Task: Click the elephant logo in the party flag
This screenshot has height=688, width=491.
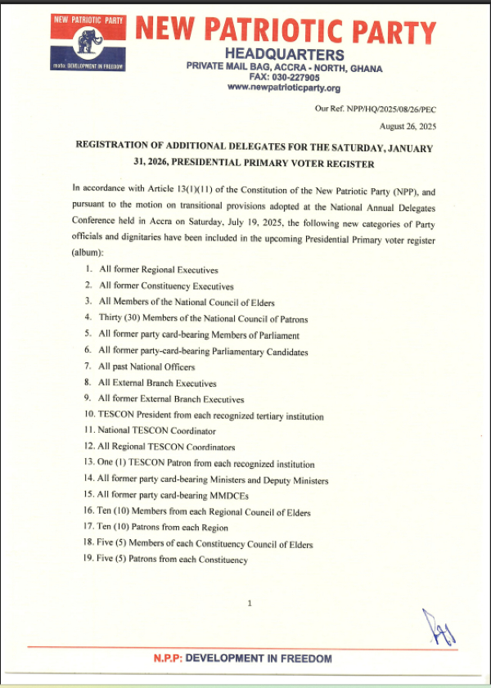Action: (x=88, y=42)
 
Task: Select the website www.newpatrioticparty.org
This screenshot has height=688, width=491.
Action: (x=283, y=88)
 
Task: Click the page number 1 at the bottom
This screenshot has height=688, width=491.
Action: (x=249, y=603)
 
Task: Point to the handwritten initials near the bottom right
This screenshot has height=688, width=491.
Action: (x=440, y=627)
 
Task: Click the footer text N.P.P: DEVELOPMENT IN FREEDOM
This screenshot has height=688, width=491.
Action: (x=243, y=659)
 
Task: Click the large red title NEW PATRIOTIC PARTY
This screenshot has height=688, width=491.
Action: (x=286, y=32)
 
